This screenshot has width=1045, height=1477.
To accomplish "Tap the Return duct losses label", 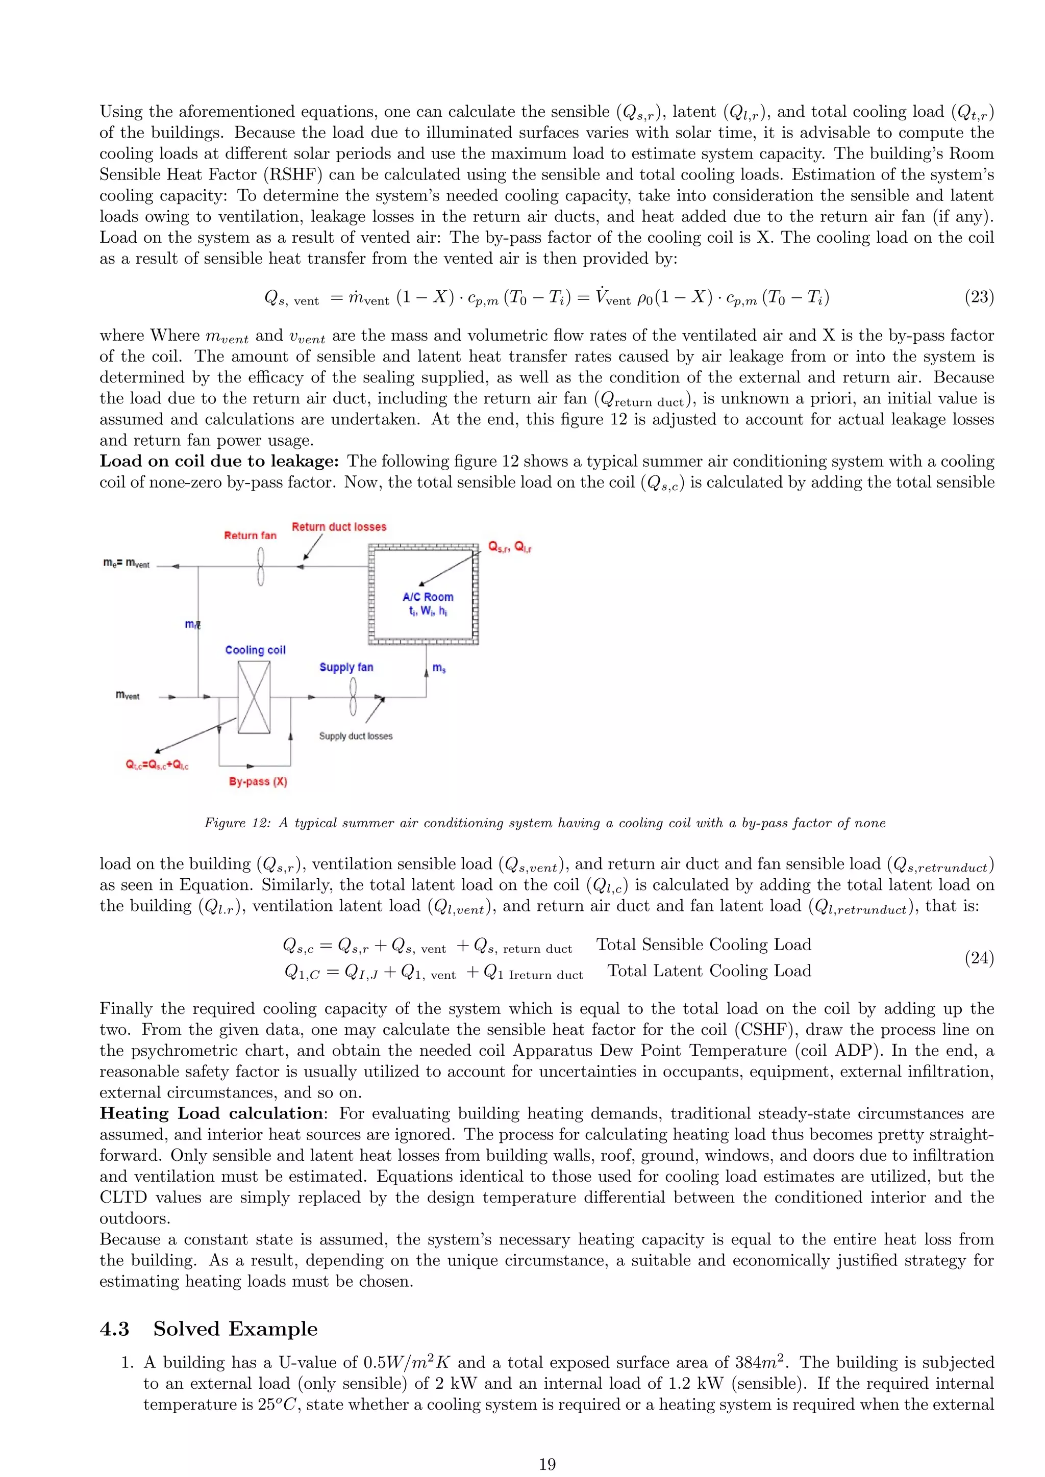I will pos(339,527).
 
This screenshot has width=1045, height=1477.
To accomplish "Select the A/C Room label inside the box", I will pos(428,597).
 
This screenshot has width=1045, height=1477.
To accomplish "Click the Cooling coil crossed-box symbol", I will pos(254,697).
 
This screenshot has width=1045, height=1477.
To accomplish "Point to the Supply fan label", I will pos(346,667).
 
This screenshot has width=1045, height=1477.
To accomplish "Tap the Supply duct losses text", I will pos(356,736).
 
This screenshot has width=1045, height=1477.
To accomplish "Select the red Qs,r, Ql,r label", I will pos(510,547).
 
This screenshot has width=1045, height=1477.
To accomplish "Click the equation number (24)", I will pos(979,958).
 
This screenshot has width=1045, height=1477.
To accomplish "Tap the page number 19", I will pos(547,1464).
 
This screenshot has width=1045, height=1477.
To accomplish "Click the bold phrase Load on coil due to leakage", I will pos(219,461).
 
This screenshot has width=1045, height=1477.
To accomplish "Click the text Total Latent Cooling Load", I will pos(709,971).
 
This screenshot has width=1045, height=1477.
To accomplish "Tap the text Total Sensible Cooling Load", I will pos(703,945).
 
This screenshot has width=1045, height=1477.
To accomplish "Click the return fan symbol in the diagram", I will pos(261,567).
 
